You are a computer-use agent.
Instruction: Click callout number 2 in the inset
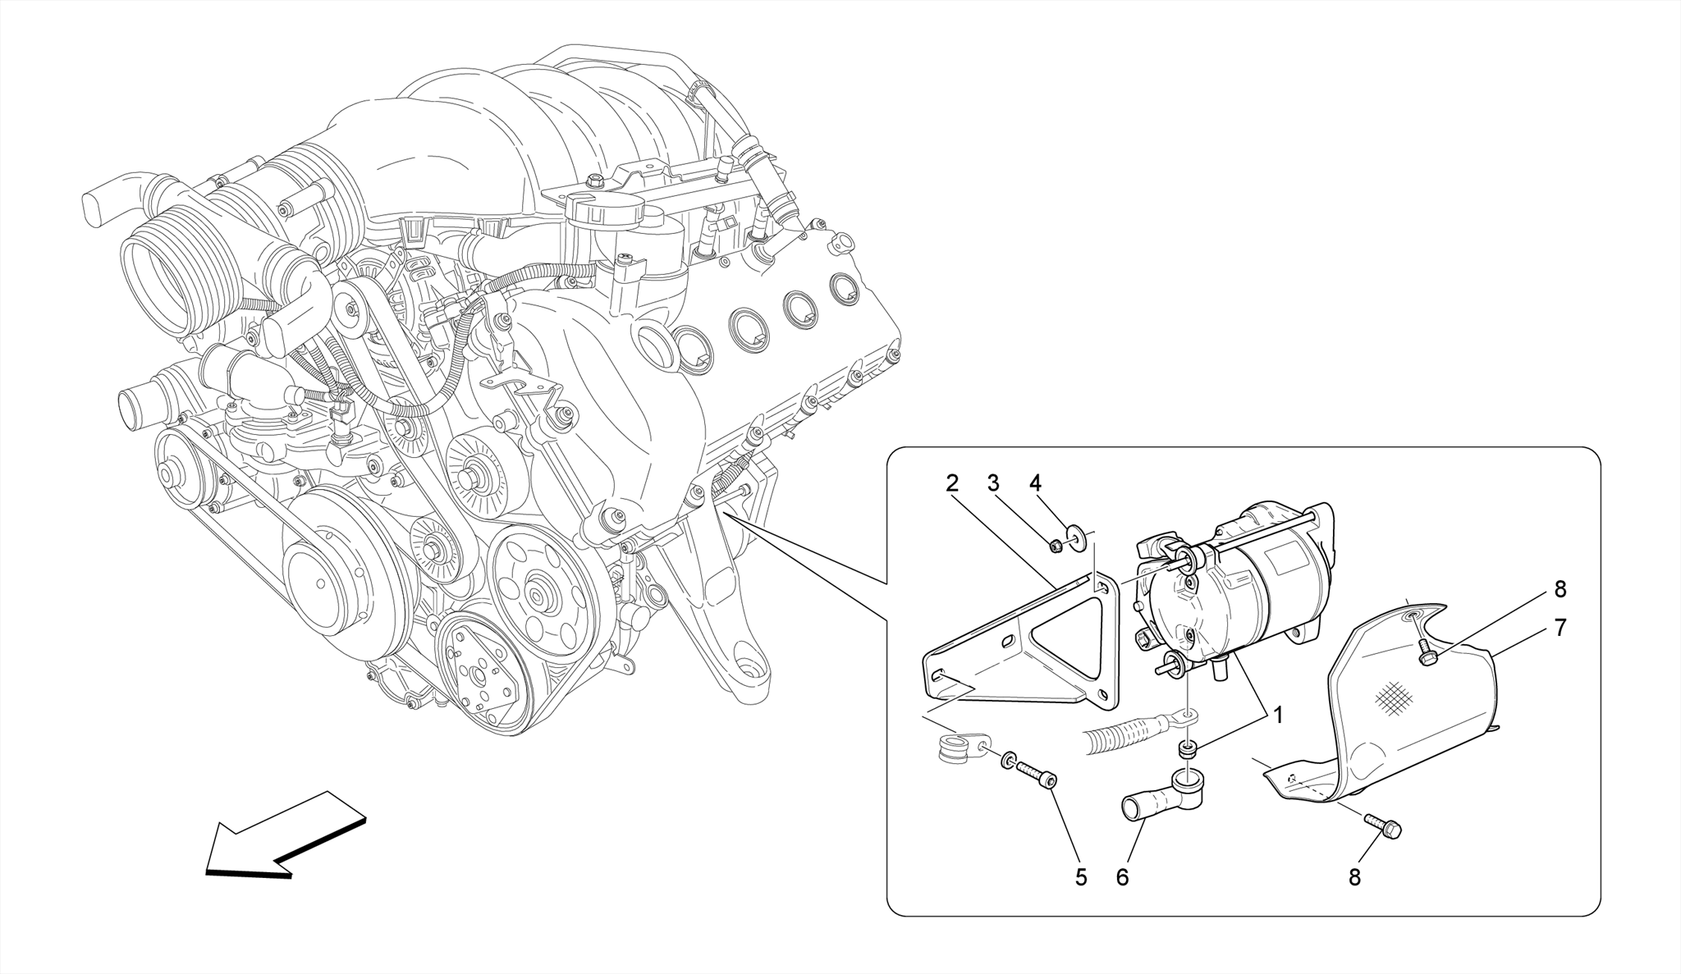(x=951, y=483)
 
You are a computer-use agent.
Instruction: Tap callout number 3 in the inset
(x=993, y=483)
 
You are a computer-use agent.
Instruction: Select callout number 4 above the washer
(x=1035, y=483)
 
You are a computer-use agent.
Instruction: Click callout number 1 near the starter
(x=1277, y=716)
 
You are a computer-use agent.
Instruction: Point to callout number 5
(x=1081, y=877)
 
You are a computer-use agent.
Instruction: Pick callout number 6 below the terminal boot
(x=1122, y=877)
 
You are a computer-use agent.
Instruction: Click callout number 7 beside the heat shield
(x=1560, y=628)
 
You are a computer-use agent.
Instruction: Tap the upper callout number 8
(x=1560, y=589)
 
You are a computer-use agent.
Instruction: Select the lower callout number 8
(x=1355, y=877)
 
